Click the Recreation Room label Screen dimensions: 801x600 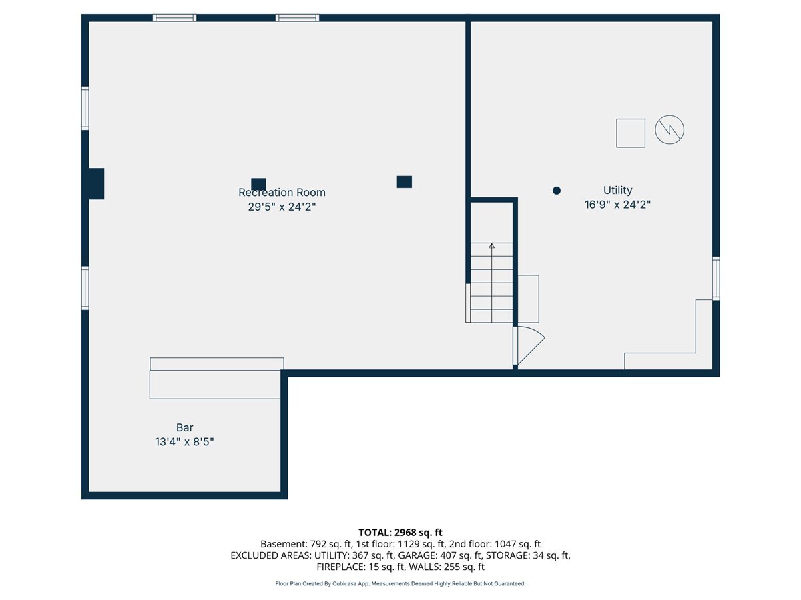(x=282, y=193)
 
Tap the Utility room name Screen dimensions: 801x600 (x=617, y=190)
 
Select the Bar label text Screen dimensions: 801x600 (x=185, y=427)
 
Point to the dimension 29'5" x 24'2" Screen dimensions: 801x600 (x=282, y=207)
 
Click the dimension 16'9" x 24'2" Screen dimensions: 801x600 (x=617, y=205)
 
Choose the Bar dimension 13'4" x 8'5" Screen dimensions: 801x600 (x=185, y=442)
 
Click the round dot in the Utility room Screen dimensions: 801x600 (x=557, y=191)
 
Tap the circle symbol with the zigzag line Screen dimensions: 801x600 (x=670, y=130)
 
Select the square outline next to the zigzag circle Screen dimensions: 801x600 (x=631, y=133)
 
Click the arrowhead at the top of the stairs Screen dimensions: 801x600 (x=491, y=246)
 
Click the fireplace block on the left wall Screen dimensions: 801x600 (x=96, y=183)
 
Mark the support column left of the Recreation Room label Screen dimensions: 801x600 (x=258, y=184)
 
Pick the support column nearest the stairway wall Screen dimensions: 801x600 (x=405, y=182)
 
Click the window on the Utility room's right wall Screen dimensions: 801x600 (x=716, y=279)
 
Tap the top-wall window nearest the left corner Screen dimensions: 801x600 (x=174, y=18)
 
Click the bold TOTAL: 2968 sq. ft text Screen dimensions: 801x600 (x=400, y=533)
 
